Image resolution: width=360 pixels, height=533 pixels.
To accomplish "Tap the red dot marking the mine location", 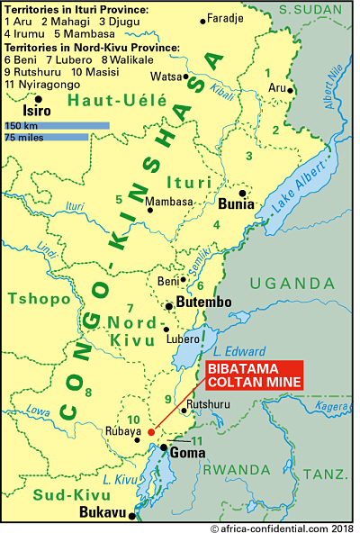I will [151, 432].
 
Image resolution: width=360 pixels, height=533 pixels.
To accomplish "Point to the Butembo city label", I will [204, 303].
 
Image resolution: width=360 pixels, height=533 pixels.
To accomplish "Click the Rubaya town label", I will [123, 431].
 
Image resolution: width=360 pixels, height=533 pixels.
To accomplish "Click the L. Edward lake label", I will [239, 351].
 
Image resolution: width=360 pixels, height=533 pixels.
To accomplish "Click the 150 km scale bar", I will [57, 126].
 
